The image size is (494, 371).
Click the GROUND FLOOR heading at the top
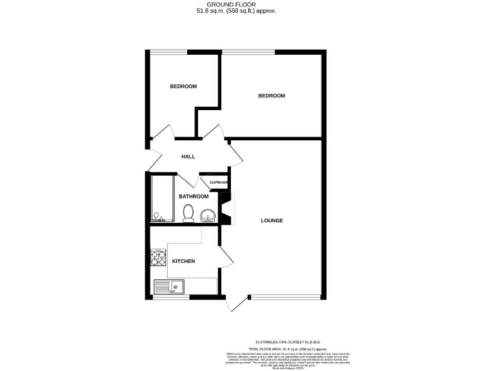[246, 5]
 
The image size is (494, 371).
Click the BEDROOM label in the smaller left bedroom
[183, 86]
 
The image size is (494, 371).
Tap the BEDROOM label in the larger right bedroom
[271, 96]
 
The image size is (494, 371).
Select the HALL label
[188, 157]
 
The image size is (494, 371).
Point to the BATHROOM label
[194, 196]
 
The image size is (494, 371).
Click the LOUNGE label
[271, 221]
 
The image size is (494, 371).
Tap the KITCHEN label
[183, 261]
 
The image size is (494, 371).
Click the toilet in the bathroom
[188, 213]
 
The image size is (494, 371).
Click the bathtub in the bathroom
[158, 200]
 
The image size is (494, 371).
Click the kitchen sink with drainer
[169, 287]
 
